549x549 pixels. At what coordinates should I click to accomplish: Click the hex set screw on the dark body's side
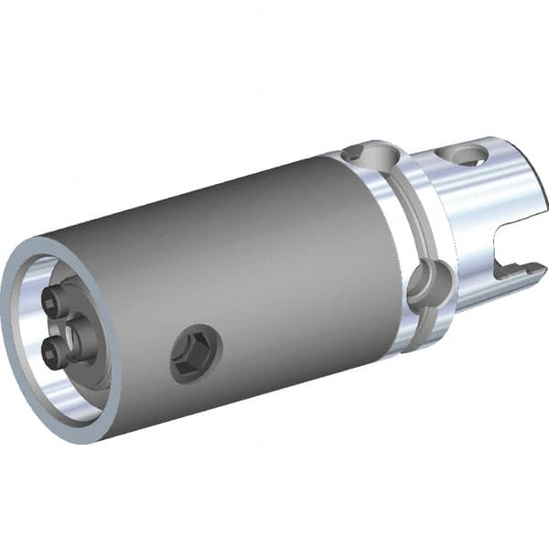click(x=196, y=353)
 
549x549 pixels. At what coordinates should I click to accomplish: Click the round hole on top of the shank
click(x=465, y=151)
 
